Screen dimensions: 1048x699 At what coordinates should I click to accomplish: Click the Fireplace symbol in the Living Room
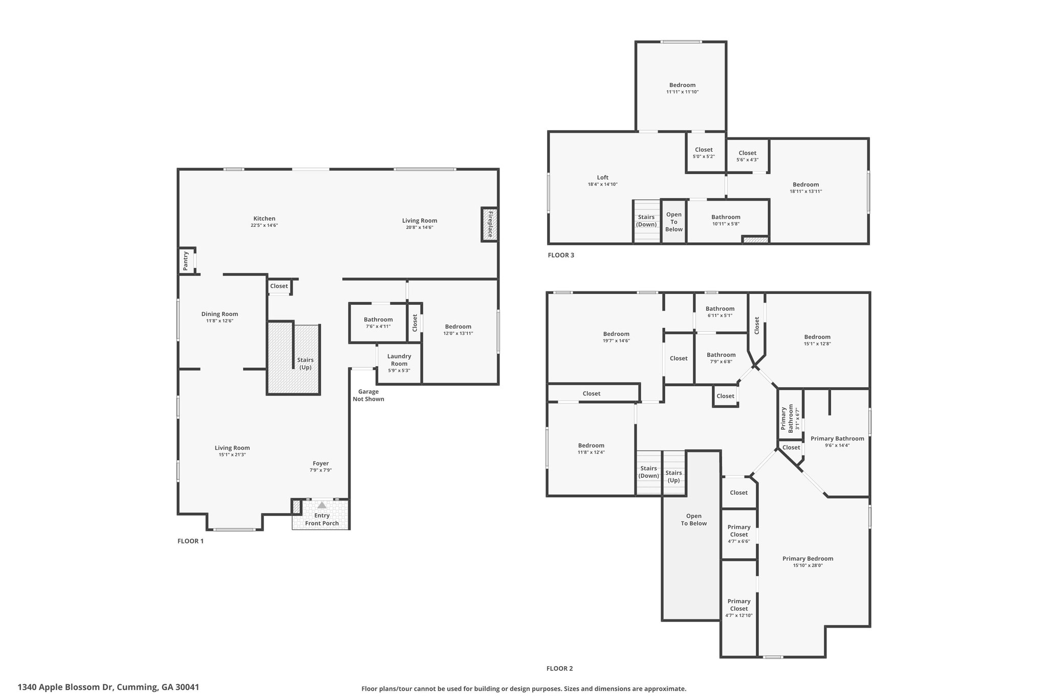[x=489, y=224]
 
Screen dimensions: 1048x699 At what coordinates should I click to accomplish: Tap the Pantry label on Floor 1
[x=186, y=261]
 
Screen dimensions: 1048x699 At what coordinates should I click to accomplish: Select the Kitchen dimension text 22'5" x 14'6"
[x=264, y=225]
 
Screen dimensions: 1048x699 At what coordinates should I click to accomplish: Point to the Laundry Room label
[x=399, y=360]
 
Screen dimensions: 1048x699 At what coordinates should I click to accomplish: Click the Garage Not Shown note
[x=368, y=395]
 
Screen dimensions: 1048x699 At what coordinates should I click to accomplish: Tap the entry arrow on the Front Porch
[x=322, y=505]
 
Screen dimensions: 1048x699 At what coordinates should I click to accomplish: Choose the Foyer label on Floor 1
[x=321, y=463]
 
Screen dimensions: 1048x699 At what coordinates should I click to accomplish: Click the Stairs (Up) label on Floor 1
[x=305, y=364]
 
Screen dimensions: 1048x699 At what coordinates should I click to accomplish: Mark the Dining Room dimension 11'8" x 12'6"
[x=220, y=321]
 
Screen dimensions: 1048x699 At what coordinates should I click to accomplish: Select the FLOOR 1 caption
[x=190, y=541]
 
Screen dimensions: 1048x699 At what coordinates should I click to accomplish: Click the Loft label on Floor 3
[x=603, y=178]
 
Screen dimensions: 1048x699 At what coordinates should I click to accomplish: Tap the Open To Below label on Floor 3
[x=674, y=222]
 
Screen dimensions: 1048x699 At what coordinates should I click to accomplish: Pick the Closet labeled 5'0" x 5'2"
[x=704, y=153]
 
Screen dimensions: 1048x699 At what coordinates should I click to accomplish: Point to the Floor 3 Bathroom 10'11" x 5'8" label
[x=726, y=220]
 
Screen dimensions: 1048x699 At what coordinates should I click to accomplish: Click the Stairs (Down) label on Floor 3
[x=646, y=221]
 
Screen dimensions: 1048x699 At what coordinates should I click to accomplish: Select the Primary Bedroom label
[x=807, y=559]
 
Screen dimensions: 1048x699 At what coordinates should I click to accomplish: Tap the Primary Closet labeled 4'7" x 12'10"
[x=739, y=608]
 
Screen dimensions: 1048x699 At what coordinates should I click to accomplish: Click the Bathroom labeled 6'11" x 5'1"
[x=720, y=312]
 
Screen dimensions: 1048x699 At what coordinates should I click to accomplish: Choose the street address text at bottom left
[x=108, y=687]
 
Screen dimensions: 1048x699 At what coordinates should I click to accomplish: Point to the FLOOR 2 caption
[x=560, y=668]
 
